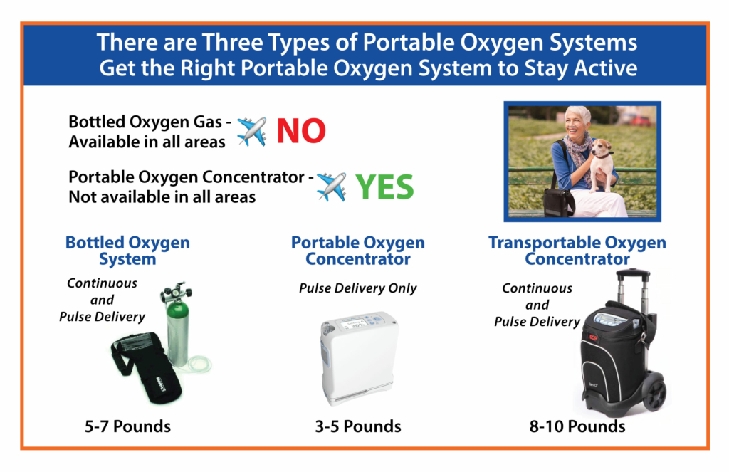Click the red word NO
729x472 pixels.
tap(301, 131)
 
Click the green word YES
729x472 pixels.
tap(384, 187)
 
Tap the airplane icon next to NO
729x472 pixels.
tap(251, 132)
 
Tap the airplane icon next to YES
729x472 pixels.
tap(332, 187)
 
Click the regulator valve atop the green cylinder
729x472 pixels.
tap(177, 292)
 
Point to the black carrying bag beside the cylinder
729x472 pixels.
tap(145, 367)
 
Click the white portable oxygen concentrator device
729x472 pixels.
tap(358, 357)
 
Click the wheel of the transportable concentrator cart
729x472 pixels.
tap(656, 394)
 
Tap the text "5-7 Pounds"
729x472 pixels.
tap(127, 426)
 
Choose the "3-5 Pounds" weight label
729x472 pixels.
tap(358, 426)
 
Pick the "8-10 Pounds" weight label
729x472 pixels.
tap(577, 426)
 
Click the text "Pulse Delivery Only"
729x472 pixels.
tap(358, 288)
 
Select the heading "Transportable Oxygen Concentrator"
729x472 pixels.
tap(577, 251)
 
